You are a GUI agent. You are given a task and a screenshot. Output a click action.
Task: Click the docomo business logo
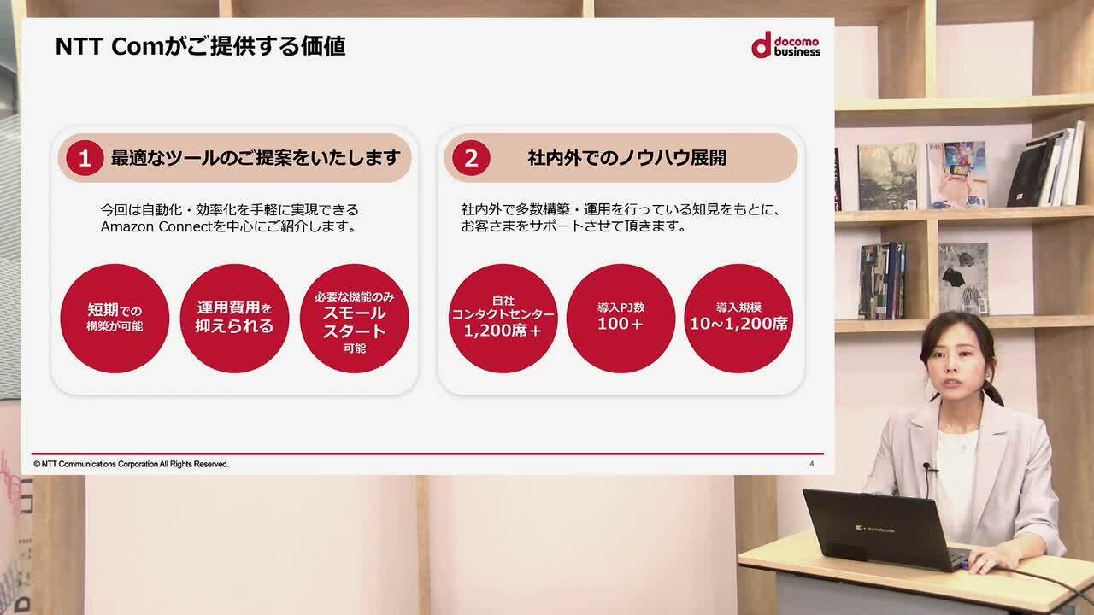(785, 45)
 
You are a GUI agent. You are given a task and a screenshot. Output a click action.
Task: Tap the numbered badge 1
(85, 158)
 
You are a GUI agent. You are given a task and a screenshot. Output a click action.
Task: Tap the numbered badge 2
(471, 158)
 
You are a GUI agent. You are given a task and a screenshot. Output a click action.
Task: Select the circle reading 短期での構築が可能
(115, 319)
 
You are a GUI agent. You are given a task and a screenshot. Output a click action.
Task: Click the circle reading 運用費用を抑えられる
(234, 319)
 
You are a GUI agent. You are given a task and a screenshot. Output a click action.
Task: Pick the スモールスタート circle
(355, 319)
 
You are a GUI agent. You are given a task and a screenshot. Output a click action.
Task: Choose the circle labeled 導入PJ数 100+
(621, 319)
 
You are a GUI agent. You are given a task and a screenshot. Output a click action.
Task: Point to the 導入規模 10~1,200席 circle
(738, 319)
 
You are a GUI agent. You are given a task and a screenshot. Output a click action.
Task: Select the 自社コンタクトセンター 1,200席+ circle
(503, 319)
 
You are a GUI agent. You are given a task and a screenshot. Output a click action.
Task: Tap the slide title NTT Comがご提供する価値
(201, 47)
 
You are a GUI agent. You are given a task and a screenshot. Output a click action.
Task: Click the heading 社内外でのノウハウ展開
(627, 158)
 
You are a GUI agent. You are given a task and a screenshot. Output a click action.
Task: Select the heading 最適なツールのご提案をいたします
(256, 158)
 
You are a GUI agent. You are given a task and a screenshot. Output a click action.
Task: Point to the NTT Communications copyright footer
(131, 464)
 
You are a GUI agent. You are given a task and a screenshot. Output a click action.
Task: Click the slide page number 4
(811, 464)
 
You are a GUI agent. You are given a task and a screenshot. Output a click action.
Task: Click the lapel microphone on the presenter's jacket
(928, 467)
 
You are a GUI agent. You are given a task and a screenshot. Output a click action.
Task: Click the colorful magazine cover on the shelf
(958, 175)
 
